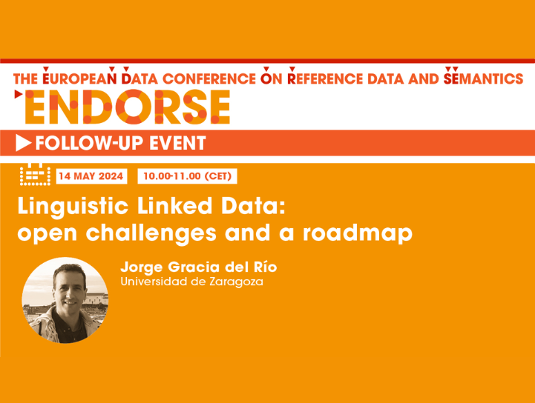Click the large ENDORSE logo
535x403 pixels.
click(127, 107)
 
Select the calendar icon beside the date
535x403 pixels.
click(34, 176)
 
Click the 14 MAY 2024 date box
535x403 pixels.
click(91, 176)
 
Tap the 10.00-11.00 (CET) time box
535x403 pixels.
click(188, 176)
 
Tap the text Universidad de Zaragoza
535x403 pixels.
click(191, 282)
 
